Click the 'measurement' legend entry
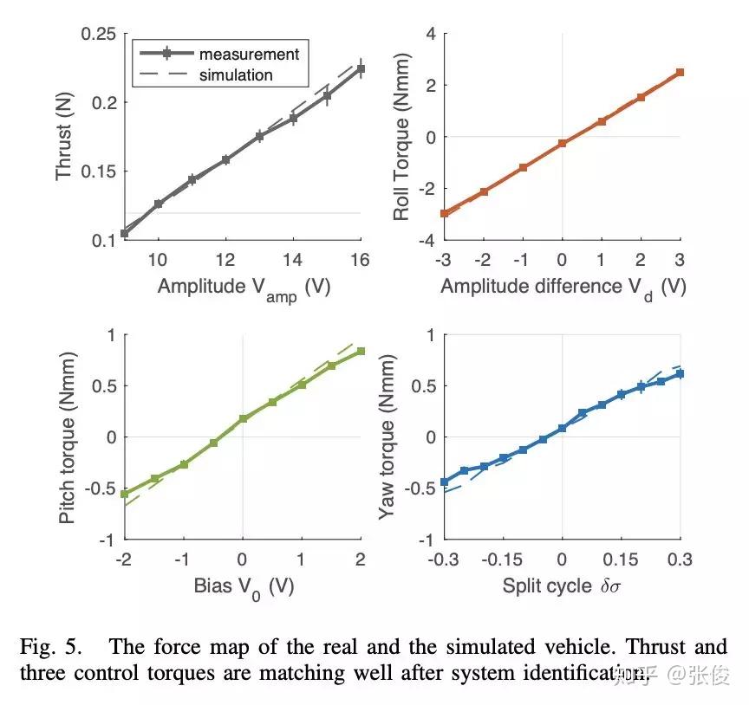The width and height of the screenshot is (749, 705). [248, 54]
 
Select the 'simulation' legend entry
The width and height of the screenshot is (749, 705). [236, 75]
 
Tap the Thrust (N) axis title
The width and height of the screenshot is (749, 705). [63, 137]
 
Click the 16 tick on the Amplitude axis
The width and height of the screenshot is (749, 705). [361, 259]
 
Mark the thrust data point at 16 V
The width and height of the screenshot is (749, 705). [361, 68]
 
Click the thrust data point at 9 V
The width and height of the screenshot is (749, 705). [124, 233]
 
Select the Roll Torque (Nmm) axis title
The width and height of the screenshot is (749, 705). [401, 137]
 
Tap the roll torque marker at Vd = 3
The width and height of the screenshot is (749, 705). [681, 72]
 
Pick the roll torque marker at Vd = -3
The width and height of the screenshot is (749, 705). [444, 213]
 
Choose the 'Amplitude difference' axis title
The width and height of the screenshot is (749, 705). [562, 287]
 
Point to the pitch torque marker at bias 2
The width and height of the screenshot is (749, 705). [361, 351]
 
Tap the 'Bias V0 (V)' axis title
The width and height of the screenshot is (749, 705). [243, 586]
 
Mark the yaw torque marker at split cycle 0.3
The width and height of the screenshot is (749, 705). [681, 373]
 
